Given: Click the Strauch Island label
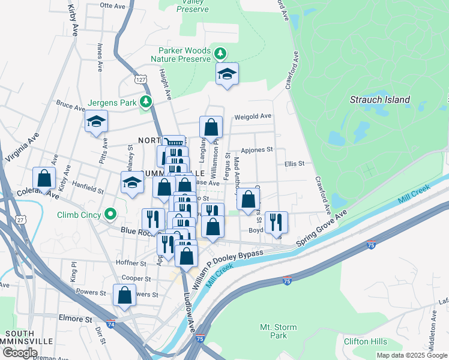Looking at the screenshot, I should [x=380, y=100].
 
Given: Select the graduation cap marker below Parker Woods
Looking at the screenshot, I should [x=227, y=74].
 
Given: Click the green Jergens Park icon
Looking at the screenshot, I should [x=145, y=103].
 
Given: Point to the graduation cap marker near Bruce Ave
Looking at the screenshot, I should [x=96, y=122].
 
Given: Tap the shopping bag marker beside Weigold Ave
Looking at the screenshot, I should [x=211, y=127].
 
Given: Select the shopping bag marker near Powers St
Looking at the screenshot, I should [x=124, y=295].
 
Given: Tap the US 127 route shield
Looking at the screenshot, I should [x=140, y=80].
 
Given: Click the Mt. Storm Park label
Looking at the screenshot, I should [x=273, y=331].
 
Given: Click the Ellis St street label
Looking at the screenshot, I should [x=294, y=163].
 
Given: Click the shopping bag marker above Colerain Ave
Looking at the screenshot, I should [x=44, y=178].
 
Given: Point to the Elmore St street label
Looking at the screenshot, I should [x=75, y=319].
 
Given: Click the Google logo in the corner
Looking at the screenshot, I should [x=19, y=353].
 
